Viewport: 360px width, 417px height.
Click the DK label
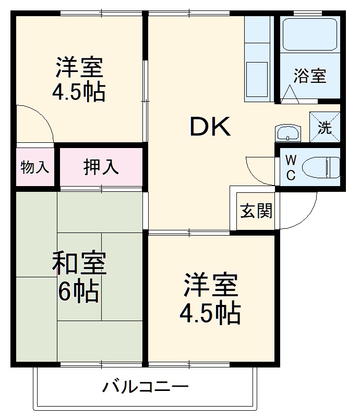pyautogui.click(x=210, y=127)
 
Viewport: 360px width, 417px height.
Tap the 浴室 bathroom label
pyautogui.click(x=310, y=76)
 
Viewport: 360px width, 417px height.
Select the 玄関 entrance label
pyautogui.click(x=256, y=211)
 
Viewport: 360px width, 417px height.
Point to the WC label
pyautogui.click(x=291, y=167)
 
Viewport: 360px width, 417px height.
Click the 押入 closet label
pyautogui.click(x=101, y=167)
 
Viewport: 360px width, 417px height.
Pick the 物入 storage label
pyautogui.click(x=35, y=167)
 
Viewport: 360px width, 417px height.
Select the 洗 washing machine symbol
pyautogui.click(x=325, y=127)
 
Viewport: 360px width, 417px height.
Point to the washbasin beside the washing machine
pyautogui.click(x=288, y=133)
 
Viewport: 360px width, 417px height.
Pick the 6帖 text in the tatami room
pyautogui.click(x=78, y=292)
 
